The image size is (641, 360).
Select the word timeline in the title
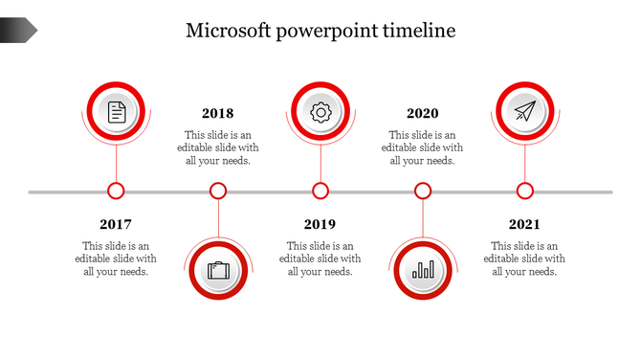pos(417,31)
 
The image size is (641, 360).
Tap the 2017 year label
pos(116,225)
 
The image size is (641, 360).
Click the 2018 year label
pos(218,114)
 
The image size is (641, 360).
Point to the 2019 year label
pos(320,225)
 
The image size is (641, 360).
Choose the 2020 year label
pos(423,114)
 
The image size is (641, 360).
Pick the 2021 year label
pos(524,225)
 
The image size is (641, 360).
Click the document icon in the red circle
pos(116,112)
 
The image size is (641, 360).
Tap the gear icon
pos(320,112)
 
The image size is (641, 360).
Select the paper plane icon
pos(524,112)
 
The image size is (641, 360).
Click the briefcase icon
pos(218,270)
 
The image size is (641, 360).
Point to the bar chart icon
pos(423,270)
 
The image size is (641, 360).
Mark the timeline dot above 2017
pos(116,191)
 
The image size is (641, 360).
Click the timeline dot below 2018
pos(218,191)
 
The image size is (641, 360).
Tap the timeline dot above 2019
pos(320,191)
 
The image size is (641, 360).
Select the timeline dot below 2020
pos(423,191)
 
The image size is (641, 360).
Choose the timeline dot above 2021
pos(525,191)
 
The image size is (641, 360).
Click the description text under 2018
pos(218,148)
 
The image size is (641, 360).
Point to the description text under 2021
pos(524,259)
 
